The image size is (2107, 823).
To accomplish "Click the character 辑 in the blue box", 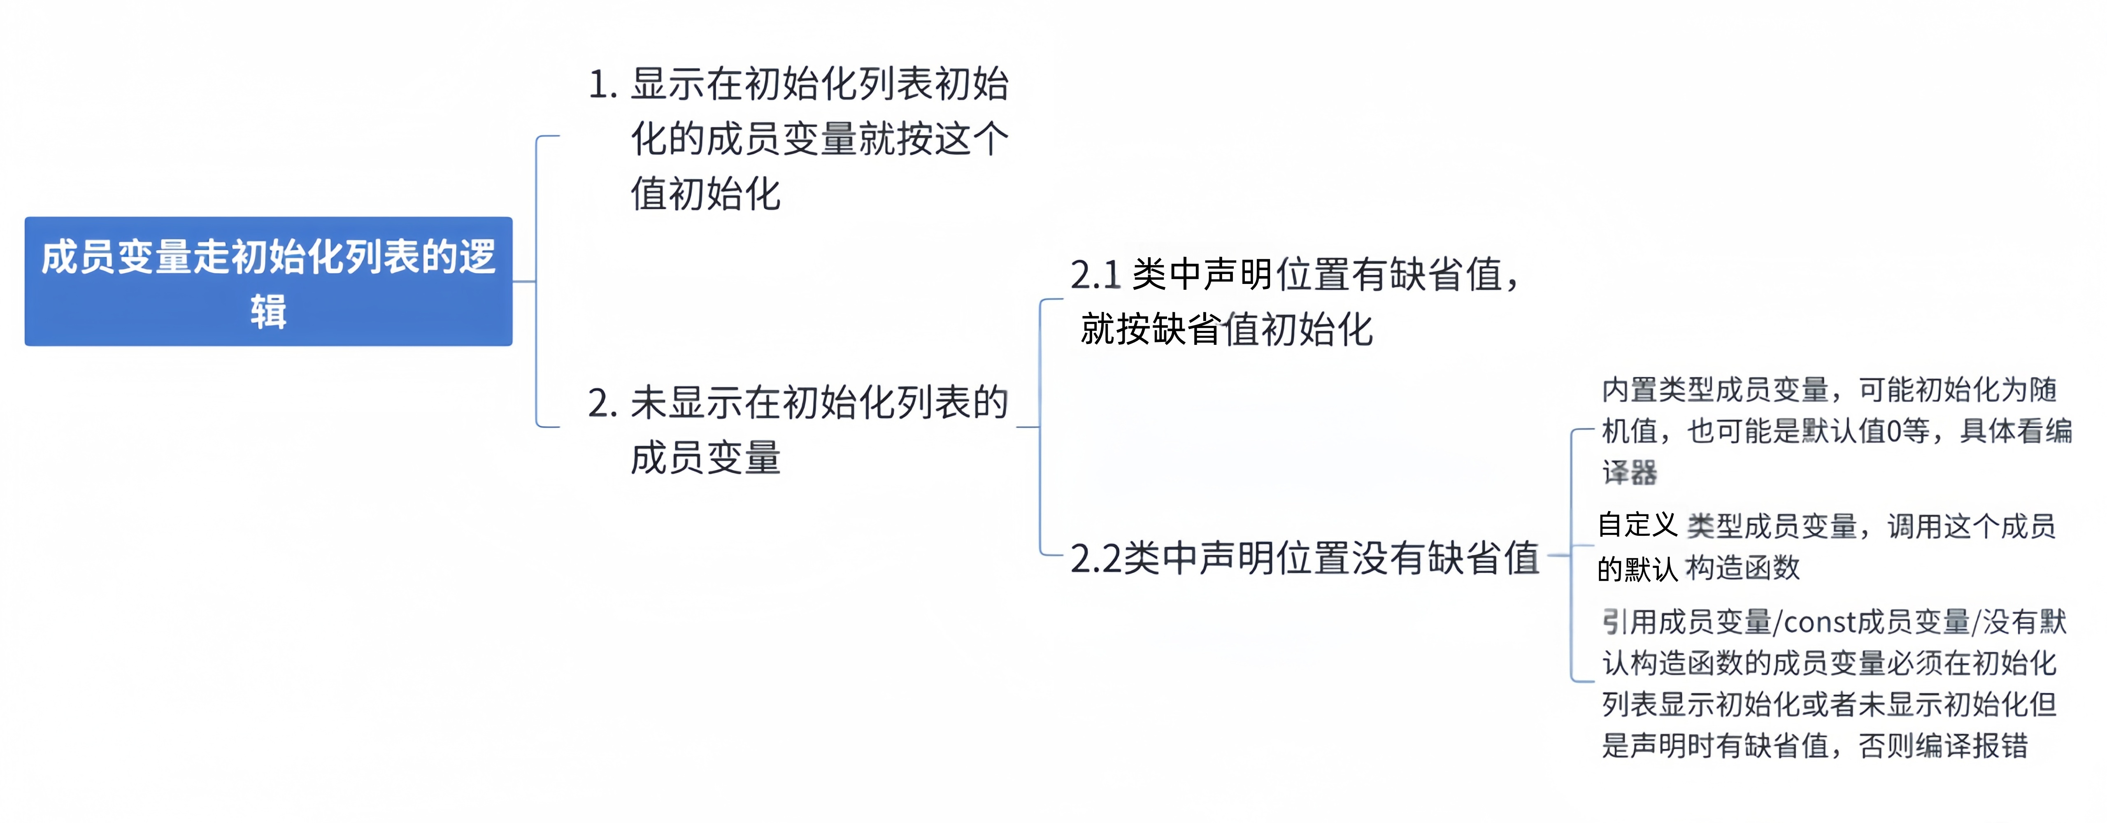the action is [268, 312].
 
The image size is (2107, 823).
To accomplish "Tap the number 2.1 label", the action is [1094, 275].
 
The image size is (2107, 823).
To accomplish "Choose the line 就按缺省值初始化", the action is [1225, 330].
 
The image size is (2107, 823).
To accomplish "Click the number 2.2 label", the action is [1094, 559].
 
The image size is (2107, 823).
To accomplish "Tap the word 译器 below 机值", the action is [1629, 473].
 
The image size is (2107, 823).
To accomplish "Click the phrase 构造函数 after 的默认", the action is [1742, 568].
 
